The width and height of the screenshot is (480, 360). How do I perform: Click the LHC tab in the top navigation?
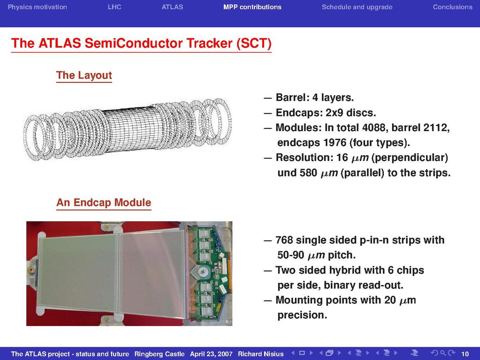pyautogui.click(x=114, y=7)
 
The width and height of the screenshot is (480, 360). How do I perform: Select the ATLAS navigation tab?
pyautogui.click(x=172, y=7)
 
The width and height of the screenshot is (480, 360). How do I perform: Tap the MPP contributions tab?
pyautogui.click(x=252, y=7)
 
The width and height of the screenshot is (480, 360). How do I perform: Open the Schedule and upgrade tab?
pyautogui.click(x=357, y=7)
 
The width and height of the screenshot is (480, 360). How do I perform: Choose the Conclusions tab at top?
pyautogui.click(x=452, y=7)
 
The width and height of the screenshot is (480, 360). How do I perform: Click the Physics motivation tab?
pyautogui.click(x=37, y=7)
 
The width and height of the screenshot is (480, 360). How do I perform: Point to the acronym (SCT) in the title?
pyautogui.click(x=254, y=43)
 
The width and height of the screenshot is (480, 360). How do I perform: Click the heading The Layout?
pyautogui.click(x=84, y=75)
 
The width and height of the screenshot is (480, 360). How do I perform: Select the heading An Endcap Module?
pyautogui.click(x=104, y=202)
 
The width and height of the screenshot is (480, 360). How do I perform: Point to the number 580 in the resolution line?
pyautogui.click(x=308, y=173)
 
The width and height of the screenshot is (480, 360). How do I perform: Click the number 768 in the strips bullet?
pyautogui.click(x=284, y=240)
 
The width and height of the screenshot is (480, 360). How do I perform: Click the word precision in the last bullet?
pyautogui.click(x=302, y=315)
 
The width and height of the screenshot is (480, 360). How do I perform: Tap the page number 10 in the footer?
pyautogui.click(x=465, y=354)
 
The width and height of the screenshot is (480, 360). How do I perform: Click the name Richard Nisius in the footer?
pyautogui.click(x=261, y=354)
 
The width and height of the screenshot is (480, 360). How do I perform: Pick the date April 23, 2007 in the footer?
pyautogui.click(x=211, y=354)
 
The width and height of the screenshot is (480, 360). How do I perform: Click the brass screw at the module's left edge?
pyautogui.click(x=31, y=269)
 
